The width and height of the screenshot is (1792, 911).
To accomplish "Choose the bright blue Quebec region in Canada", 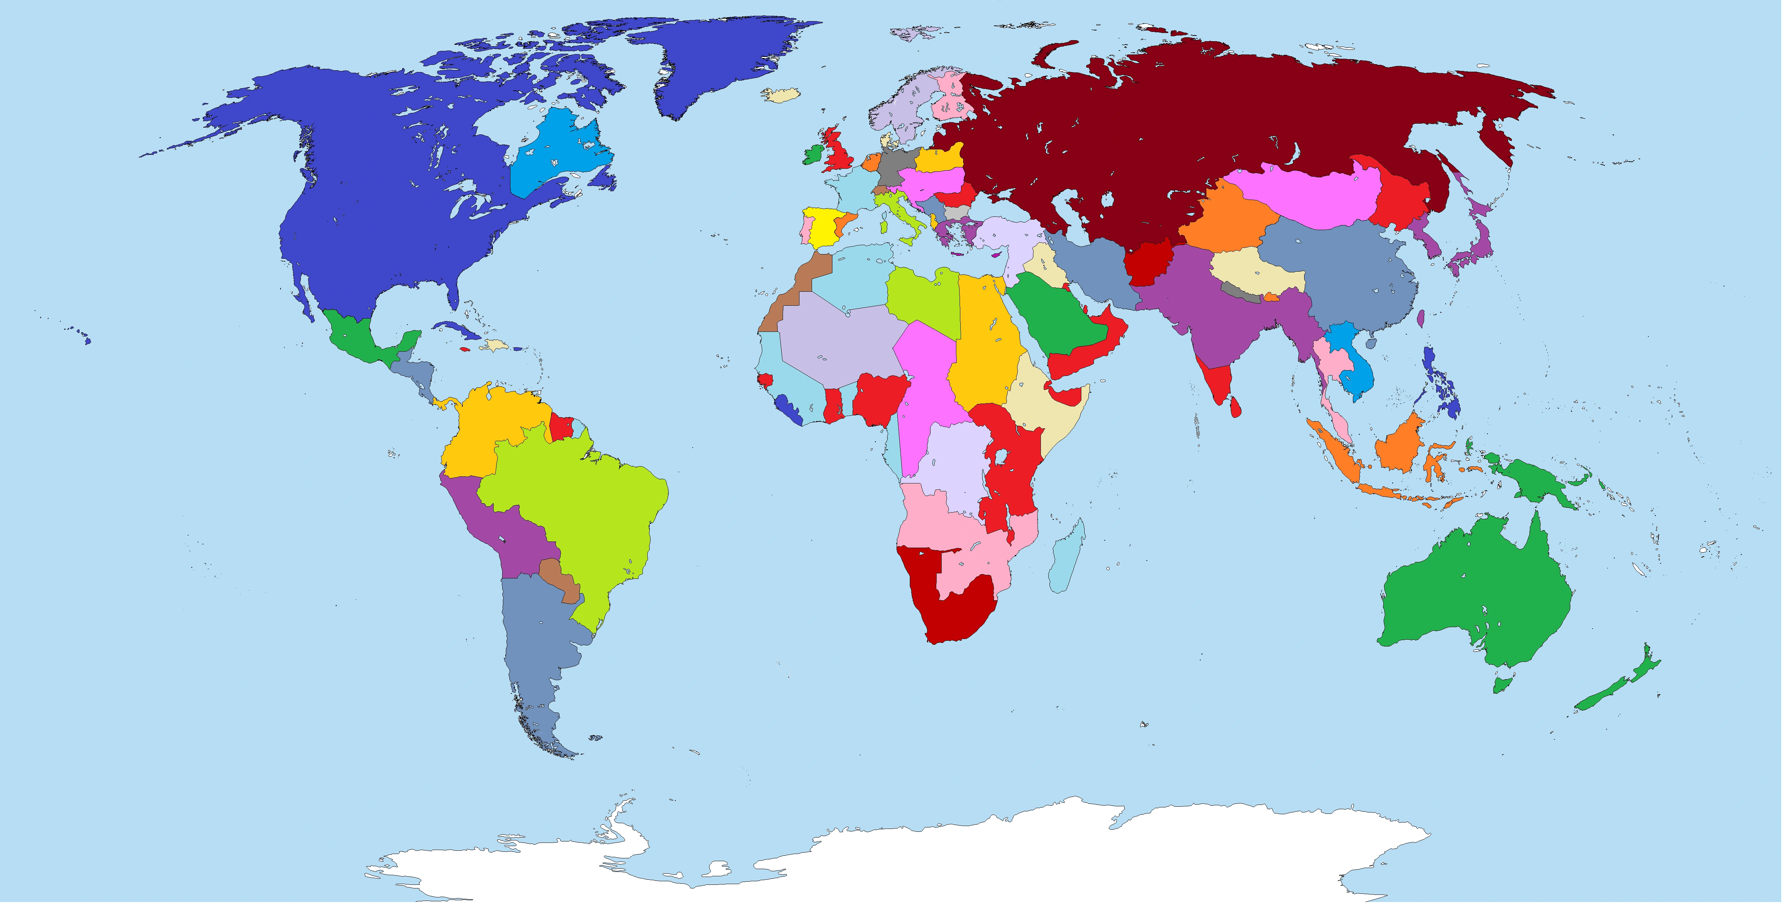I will pyautogui.click(x=557, y=157).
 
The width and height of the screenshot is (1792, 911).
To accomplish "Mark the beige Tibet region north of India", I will pyautogui.click(x=1252, y=271).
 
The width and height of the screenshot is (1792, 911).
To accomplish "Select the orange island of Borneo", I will pyautogui.click(x=1398, y=445).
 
